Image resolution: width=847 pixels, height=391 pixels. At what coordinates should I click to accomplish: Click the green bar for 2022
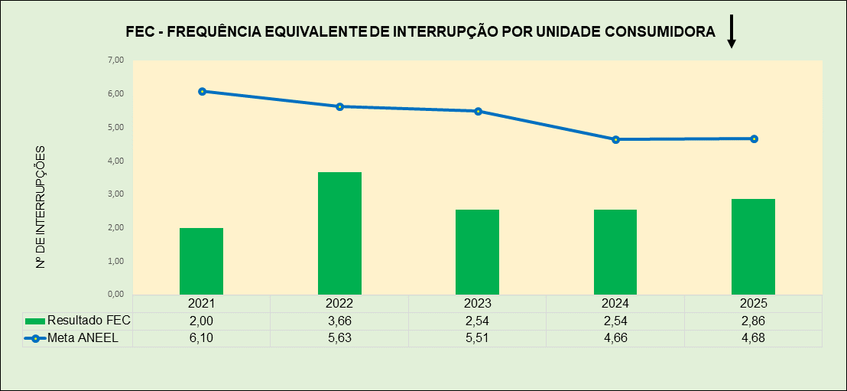pos(339,233)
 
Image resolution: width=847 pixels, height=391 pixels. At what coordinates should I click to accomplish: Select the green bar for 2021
pos(201,261)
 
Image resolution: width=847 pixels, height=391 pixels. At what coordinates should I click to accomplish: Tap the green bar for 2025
pos(753,246)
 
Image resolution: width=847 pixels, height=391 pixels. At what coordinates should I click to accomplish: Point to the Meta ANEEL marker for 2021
pos(202,91)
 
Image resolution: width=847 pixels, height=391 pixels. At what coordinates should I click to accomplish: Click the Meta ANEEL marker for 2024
pos(615,139)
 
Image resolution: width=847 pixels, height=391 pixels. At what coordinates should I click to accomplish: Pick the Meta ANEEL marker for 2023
pos(478,111)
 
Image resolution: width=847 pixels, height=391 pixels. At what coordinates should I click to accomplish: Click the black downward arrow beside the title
pos(731,32)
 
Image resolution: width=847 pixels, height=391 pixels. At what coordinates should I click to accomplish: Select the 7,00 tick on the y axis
pos(115,60)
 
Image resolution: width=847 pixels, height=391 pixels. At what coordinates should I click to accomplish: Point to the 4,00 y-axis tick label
pos(115,161)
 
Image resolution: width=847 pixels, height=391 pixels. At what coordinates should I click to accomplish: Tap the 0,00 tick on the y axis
pos(115,294)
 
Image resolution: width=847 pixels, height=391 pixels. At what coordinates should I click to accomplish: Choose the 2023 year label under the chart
pos(477,304)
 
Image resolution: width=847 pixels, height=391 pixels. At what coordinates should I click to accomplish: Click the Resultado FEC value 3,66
pos(339,321)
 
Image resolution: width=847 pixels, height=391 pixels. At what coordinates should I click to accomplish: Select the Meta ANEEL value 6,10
pos(201,338)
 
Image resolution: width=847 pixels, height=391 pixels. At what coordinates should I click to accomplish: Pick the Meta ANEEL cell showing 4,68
pos(753,338)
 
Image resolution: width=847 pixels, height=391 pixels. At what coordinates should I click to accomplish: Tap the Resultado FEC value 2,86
pos(753,321)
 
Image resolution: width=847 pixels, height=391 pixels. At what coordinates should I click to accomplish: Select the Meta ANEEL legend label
pos(83,338)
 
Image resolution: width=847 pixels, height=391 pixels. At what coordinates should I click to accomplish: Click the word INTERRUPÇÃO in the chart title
pos(443,31)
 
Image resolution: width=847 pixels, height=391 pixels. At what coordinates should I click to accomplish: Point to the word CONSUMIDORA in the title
pos(660,31)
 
